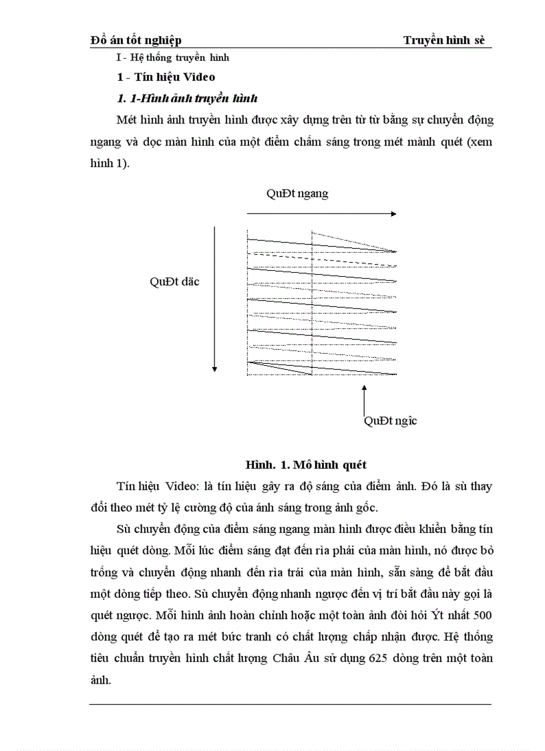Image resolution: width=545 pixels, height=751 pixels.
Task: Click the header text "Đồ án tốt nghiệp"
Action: tap(136, 41)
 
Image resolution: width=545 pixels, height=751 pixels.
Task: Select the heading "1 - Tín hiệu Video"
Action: tap(166, 77)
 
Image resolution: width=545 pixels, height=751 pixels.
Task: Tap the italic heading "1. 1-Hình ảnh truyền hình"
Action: tap(187, 98)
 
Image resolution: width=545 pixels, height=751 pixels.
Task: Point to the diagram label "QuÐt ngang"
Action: tap(297, 194)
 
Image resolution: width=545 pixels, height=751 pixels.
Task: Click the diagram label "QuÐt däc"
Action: tap(174, 282)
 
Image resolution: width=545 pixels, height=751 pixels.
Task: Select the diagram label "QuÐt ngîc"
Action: tap(390, 421)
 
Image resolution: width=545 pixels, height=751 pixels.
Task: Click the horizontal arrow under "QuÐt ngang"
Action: tap(321, 214)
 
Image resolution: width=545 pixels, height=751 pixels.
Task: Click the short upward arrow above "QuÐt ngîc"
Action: tap(364, 399)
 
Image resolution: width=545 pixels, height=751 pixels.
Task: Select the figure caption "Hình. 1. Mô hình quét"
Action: tap(305, 464)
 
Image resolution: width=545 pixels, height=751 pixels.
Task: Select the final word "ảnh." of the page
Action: tap(101, 679)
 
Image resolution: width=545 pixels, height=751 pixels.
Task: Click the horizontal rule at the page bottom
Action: tap(290, 704)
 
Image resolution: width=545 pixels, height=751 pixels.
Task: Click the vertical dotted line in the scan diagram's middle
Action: tap(313, 301)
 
